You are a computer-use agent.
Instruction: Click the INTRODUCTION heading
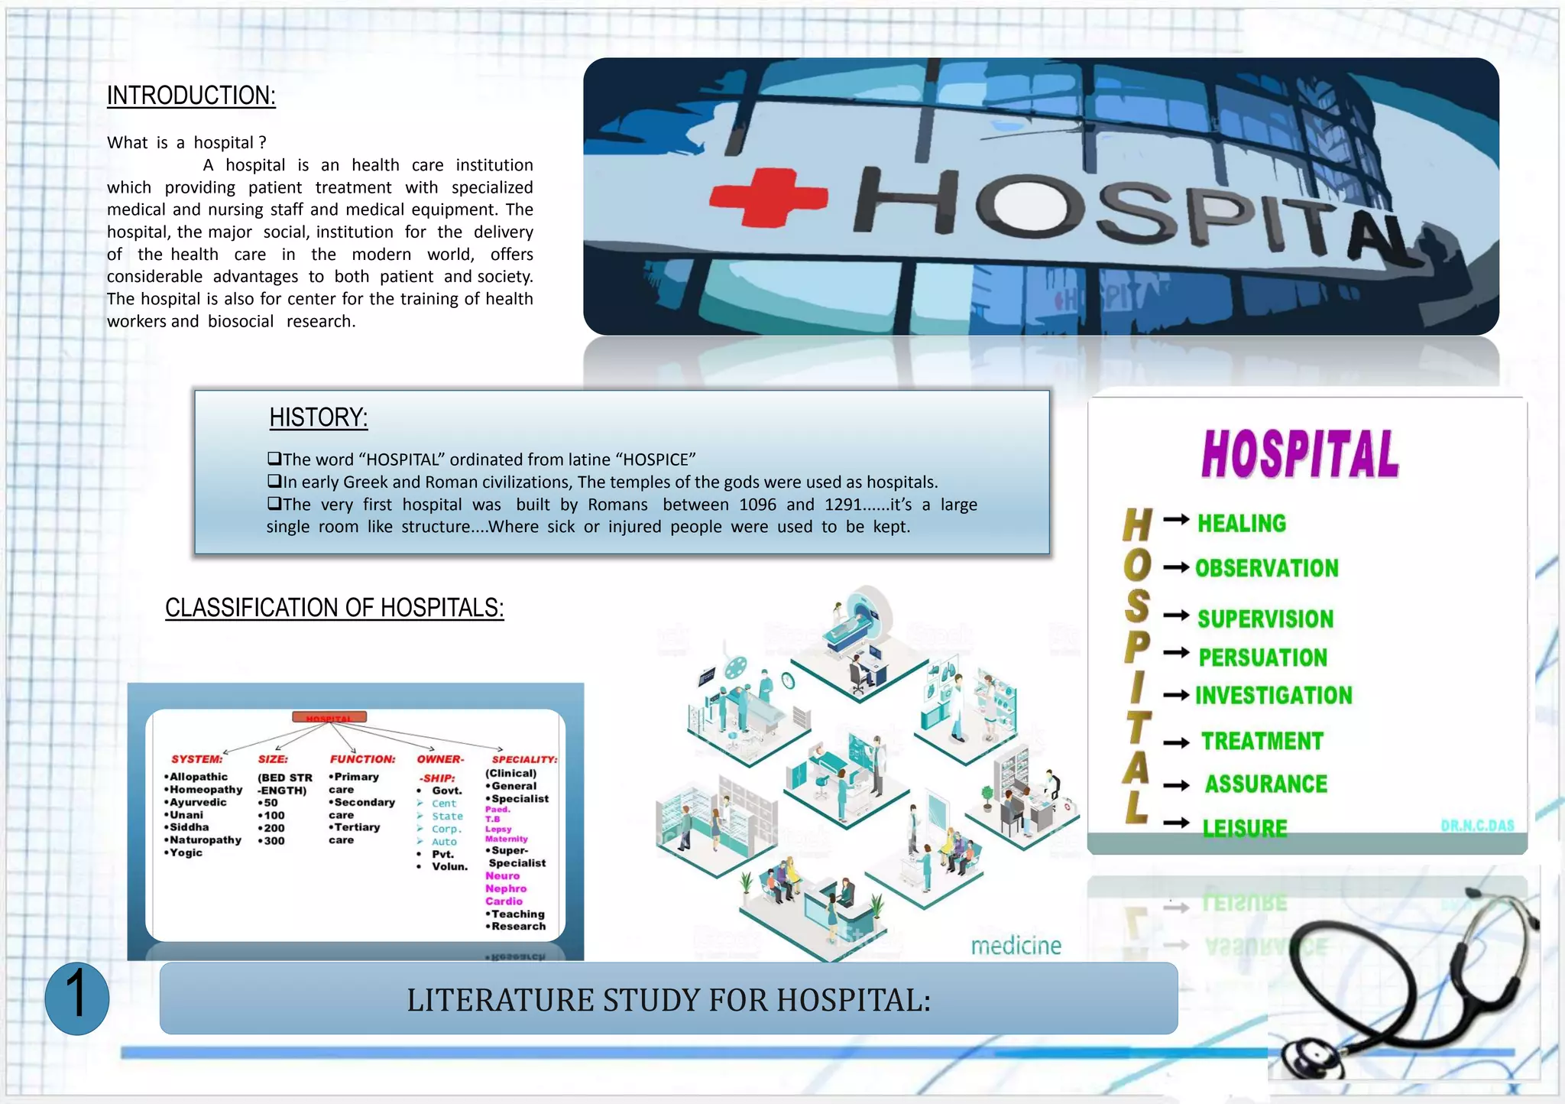click(x=191, y=96)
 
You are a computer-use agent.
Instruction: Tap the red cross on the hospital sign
click(x=767, y=197)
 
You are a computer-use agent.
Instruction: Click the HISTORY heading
click(x=319, y=418)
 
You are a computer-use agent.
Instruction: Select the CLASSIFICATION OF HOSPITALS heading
click(x=334, y=608)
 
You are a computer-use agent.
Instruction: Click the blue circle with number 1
click(x=76, y=998)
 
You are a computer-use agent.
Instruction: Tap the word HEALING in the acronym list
click(x=1241, y=524)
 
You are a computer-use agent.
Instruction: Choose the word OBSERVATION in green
click(x=1266, y=569)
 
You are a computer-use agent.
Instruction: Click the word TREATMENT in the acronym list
click(x=1262, y=742)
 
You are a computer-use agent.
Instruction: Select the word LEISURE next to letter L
click(x=1244, y=828)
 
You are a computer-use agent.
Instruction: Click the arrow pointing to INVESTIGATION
click(x=1176, y=695)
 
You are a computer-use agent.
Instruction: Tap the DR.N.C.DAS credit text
click(x=1476, y=826)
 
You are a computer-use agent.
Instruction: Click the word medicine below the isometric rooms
click(x=1016, y=947)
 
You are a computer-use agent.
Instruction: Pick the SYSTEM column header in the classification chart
click(x=196, y=759)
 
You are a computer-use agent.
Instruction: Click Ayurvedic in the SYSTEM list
click(x=197, y=802)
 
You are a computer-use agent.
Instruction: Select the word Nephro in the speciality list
click(x=505, y=888)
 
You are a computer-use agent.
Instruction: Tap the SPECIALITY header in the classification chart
click(x=524, y=759)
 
